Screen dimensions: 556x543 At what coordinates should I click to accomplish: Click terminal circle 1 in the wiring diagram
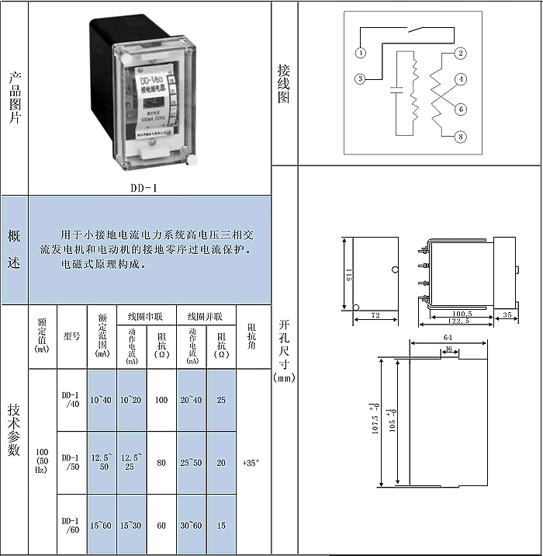pos(361,52)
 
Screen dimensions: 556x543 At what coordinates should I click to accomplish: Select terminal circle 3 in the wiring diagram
pos(361,78)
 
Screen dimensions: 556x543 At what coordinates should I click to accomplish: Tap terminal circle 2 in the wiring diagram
pos(461,53)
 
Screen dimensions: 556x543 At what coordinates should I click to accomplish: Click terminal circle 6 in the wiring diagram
pos(461,109)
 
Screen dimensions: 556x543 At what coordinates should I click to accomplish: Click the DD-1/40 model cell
pos(71,399)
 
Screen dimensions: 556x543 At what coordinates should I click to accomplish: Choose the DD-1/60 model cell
pos(71,525)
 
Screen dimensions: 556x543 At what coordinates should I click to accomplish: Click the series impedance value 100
pos(161,400)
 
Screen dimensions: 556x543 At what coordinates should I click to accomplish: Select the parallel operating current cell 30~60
pos(191,526)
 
